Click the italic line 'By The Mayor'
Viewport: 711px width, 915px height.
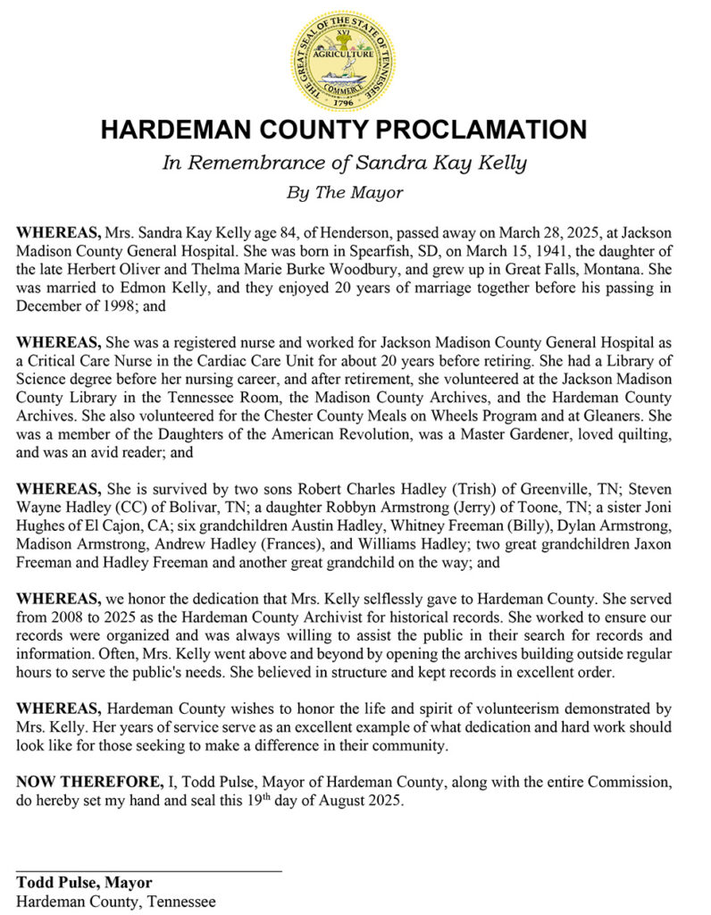tap(344, 192)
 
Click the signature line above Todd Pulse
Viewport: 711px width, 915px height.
tap(149, 869)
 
